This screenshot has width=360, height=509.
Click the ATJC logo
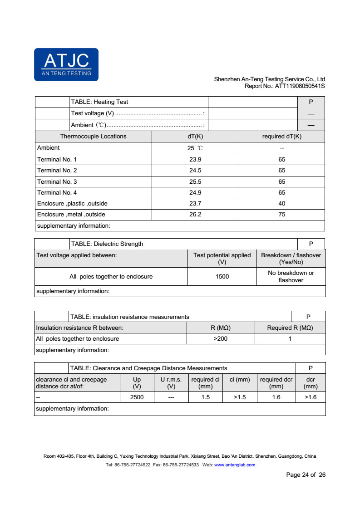point(66,64)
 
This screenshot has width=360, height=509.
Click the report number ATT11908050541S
point(300,86)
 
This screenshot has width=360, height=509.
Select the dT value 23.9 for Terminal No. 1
point(195,159)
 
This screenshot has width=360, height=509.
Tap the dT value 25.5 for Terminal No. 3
point(195,181)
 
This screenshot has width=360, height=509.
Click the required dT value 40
point(282,203)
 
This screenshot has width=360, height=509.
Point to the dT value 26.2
point(195,214)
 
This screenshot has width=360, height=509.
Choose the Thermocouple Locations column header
point(93,136)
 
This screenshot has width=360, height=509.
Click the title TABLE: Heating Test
point(99,102)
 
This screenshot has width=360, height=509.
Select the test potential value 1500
point(222,276)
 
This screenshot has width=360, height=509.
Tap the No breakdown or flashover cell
point(291,276)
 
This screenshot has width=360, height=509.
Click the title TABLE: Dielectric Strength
point(107,244)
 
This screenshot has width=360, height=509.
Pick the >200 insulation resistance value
point(221,338)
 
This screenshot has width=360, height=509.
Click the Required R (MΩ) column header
point(290,328)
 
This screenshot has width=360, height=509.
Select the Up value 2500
point(137,397)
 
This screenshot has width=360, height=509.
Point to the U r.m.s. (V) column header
point(171,383)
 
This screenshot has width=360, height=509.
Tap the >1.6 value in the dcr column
point(311,397)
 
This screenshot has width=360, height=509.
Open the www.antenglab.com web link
point(234,465)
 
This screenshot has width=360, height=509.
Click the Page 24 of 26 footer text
point(306,475)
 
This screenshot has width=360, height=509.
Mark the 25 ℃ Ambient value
point(195,148)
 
